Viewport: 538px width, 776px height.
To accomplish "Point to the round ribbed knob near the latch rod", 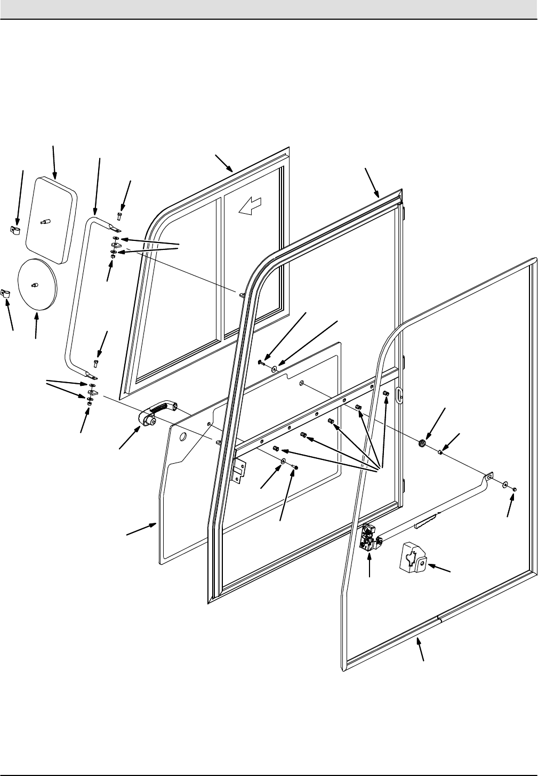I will tap(422, 442).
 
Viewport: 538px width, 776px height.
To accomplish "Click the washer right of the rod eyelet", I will tap(504, 485).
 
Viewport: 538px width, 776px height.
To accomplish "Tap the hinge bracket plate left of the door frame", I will tap(239, 468).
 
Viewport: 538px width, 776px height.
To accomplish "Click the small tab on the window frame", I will tap(242, 294).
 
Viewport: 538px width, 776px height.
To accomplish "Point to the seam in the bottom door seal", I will tap(438, 618).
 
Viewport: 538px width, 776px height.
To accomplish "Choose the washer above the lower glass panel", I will tap(274, 368).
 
